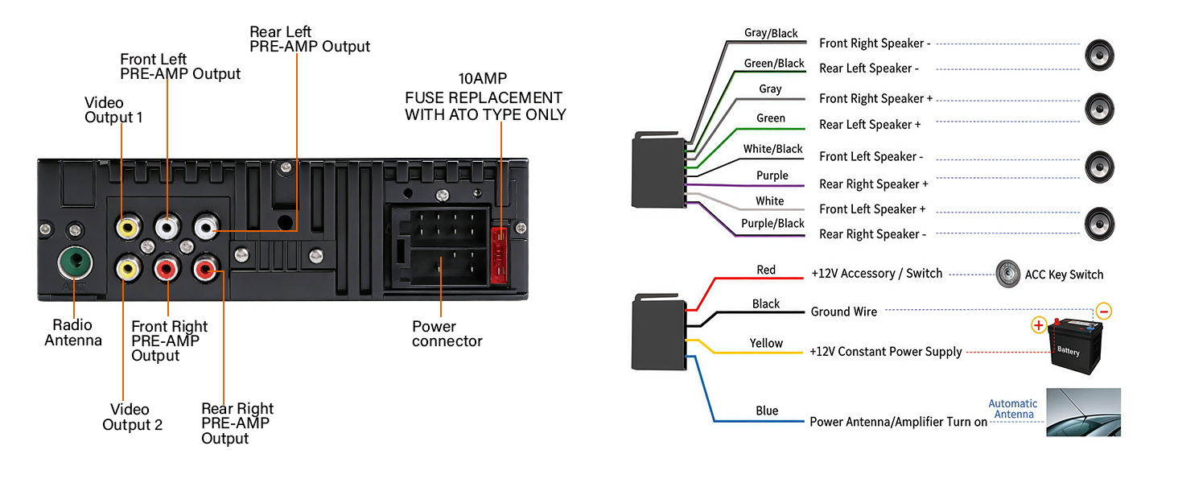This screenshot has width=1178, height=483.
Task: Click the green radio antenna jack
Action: point(75,262)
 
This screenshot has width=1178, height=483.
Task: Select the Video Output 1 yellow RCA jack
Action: point(126,229)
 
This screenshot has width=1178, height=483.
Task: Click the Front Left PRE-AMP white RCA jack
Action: point(167,229)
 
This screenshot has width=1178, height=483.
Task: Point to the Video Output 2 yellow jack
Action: point(126,265)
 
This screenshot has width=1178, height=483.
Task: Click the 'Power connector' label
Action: point(447,334)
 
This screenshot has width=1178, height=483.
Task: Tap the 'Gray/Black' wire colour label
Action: point(771,33)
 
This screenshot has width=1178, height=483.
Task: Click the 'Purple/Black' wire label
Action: point(772,223)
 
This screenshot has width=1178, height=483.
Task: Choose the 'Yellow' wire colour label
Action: point(766,343)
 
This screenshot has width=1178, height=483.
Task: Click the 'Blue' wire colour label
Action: point(767,411)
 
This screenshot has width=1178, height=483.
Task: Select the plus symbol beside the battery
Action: point(1039,325)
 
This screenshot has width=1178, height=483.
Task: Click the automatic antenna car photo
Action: point(1083,412)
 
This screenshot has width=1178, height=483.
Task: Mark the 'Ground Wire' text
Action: point(843,312)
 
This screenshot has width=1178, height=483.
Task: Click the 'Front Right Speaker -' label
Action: point(875,43)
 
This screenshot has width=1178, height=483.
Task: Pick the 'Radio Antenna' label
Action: point(73,332)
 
